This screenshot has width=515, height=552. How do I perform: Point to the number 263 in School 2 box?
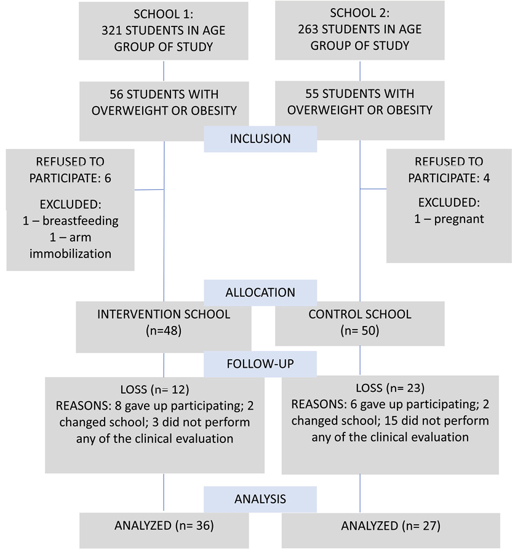[319, 30]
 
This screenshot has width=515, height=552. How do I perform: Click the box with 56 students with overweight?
[164, 110]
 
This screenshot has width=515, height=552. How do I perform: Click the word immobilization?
[71, 253]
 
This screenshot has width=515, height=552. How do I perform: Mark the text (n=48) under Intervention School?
[164, 331]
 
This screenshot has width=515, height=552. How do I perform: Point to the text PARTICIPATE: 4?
[449, 179]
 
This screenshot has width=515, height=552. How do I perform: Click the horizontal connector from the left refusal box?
[150, 190]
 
